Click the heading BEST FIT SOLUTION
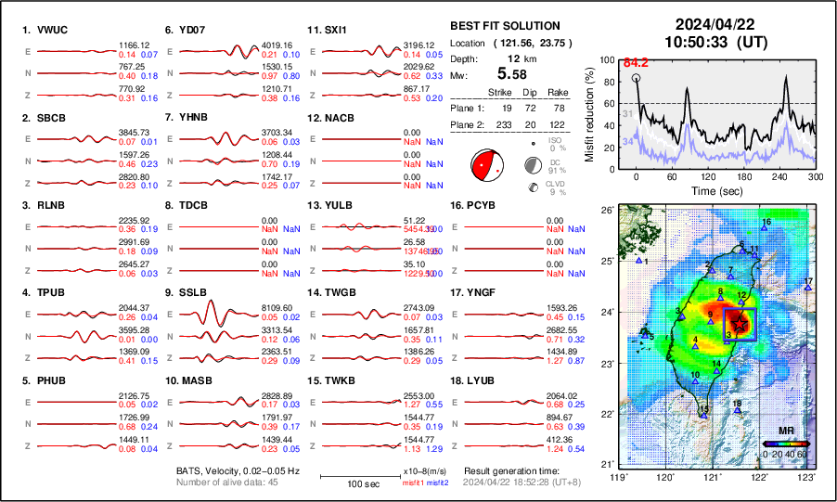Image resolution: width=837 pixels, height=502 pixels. (504, 26)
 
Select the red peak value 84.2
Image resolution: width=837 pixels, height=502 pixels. (635, 63)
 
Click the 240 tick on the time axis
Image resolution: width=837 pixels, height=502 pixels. (779, 176)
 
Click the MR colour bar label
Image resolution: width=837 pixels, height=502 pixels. (785, 431)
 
